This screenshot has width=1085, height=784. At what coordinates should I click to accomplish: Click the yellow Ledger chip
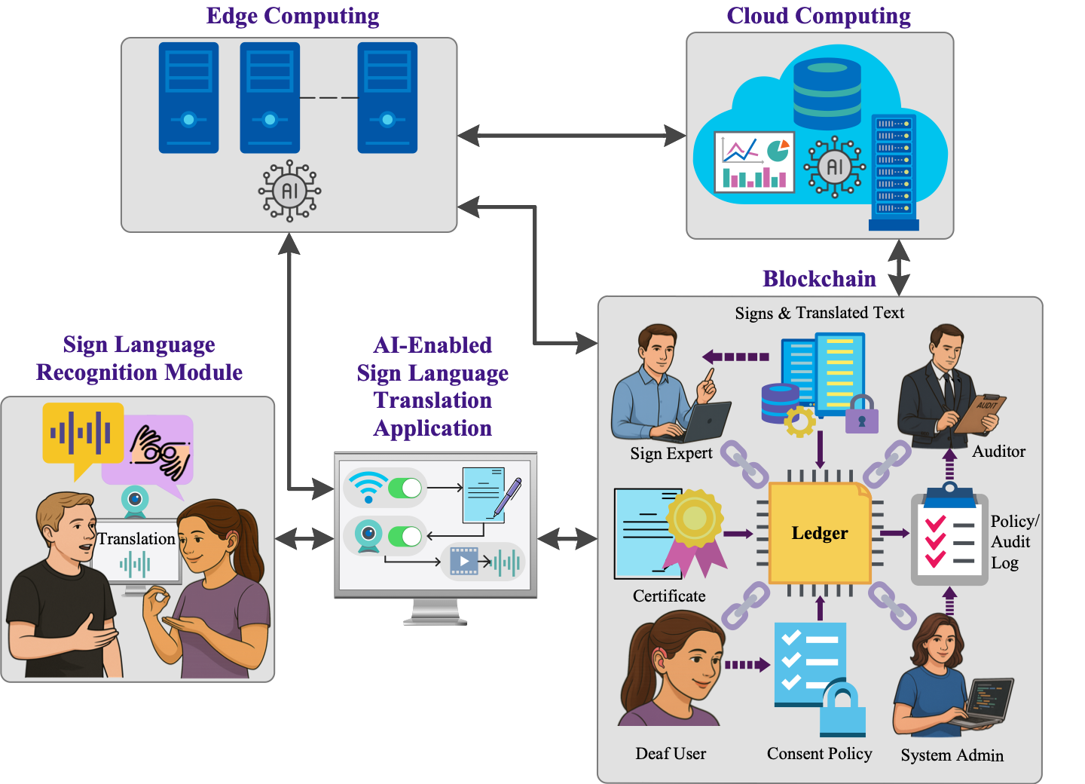tap(819, 533)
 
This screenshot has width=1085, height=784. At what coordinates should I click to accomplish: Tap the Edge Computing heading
tap(292, 16)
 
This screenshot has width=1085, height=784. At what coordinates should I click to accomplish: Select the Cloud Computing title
tap(818, 16)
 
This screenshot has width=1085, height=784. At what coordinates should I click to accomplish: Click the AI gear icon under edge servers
tap(289, 191)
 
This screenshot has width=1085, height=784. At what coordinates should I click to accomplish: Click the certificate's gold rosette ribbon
tap(695, 520)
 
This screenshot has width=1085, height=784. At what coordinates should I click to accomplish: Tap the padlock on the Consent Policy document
tap(842, 709)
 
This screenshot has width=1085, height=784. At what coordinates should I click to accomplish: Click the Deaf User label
tap(671, 753)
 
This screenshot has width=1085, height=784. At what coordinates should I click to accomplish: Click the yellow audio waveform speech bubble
tap(82, 433)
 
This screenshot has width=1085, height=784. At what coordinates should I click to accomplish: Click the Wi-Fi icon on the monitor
tap(368, 487)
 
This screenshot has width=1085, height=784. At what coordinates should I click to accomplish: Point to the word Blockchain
tap(819, 279)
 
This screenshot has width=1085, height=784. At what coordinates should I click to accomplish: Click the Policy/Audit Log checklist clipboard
tap(949, 538)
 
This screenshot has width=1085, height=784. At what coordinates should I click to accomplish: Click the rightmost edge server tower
tap(387, 98)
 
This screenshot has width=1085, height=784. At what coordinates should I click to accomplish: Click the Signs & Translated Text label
tap(819, 312)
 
